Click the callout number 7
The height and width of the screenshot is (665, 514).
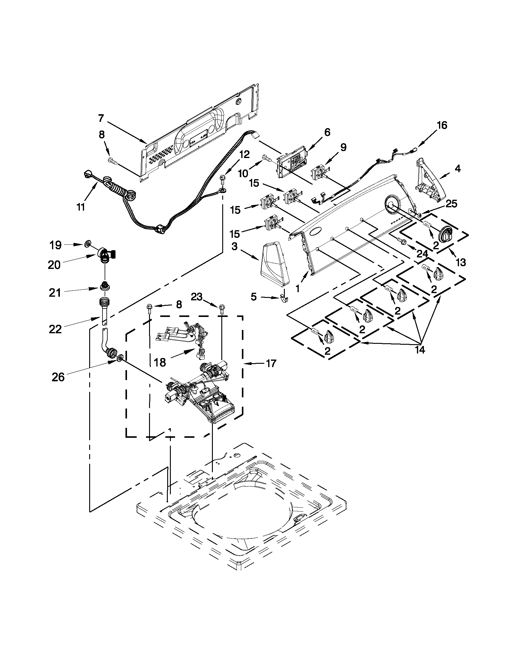tap(101, 118)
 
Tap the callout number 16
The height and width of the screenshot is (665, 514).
tap(442, 125)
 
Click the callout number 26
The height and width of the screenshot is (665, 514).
tap(58, 377)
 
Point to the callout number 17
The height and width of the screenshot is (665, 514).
tap(271, 363)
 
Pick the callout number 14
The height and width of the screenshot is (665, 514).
tap(420, 350)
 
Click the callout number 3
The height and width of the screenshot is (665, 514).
tap(234, 246)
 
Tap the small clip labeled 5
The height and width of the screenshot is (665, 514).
tap(283, 300)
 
